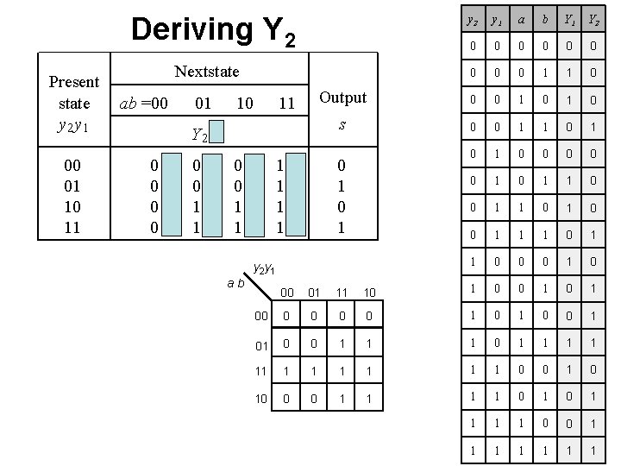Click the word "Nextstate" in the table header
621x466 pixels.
point(207,71)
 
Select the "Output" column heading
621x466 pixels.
point(342,98)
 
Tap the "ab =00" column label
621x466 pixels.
point(144,104)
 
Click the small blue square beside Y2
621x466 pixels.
point(220,132)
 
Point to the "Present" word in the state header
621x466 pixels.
point(74,82)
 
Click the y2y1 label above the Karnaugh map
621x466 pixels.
point(264,268)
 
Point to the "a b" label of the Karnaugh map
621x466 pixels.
point(235,281)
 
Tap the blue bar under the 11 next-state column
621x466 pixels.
point(297,195)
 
